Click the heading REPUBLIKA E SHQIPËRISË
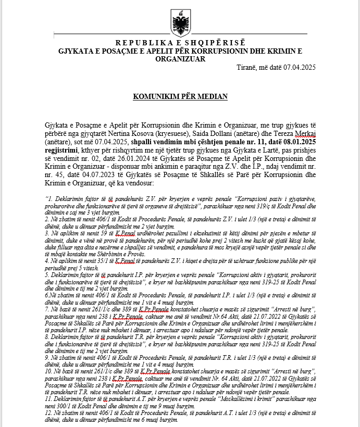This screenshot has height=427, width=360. [180, 43]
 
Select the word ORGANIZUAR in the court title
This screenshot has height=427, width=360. [180, 59]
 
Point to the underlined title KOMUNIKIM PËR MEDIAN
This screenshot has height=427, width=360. [180, 97]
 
